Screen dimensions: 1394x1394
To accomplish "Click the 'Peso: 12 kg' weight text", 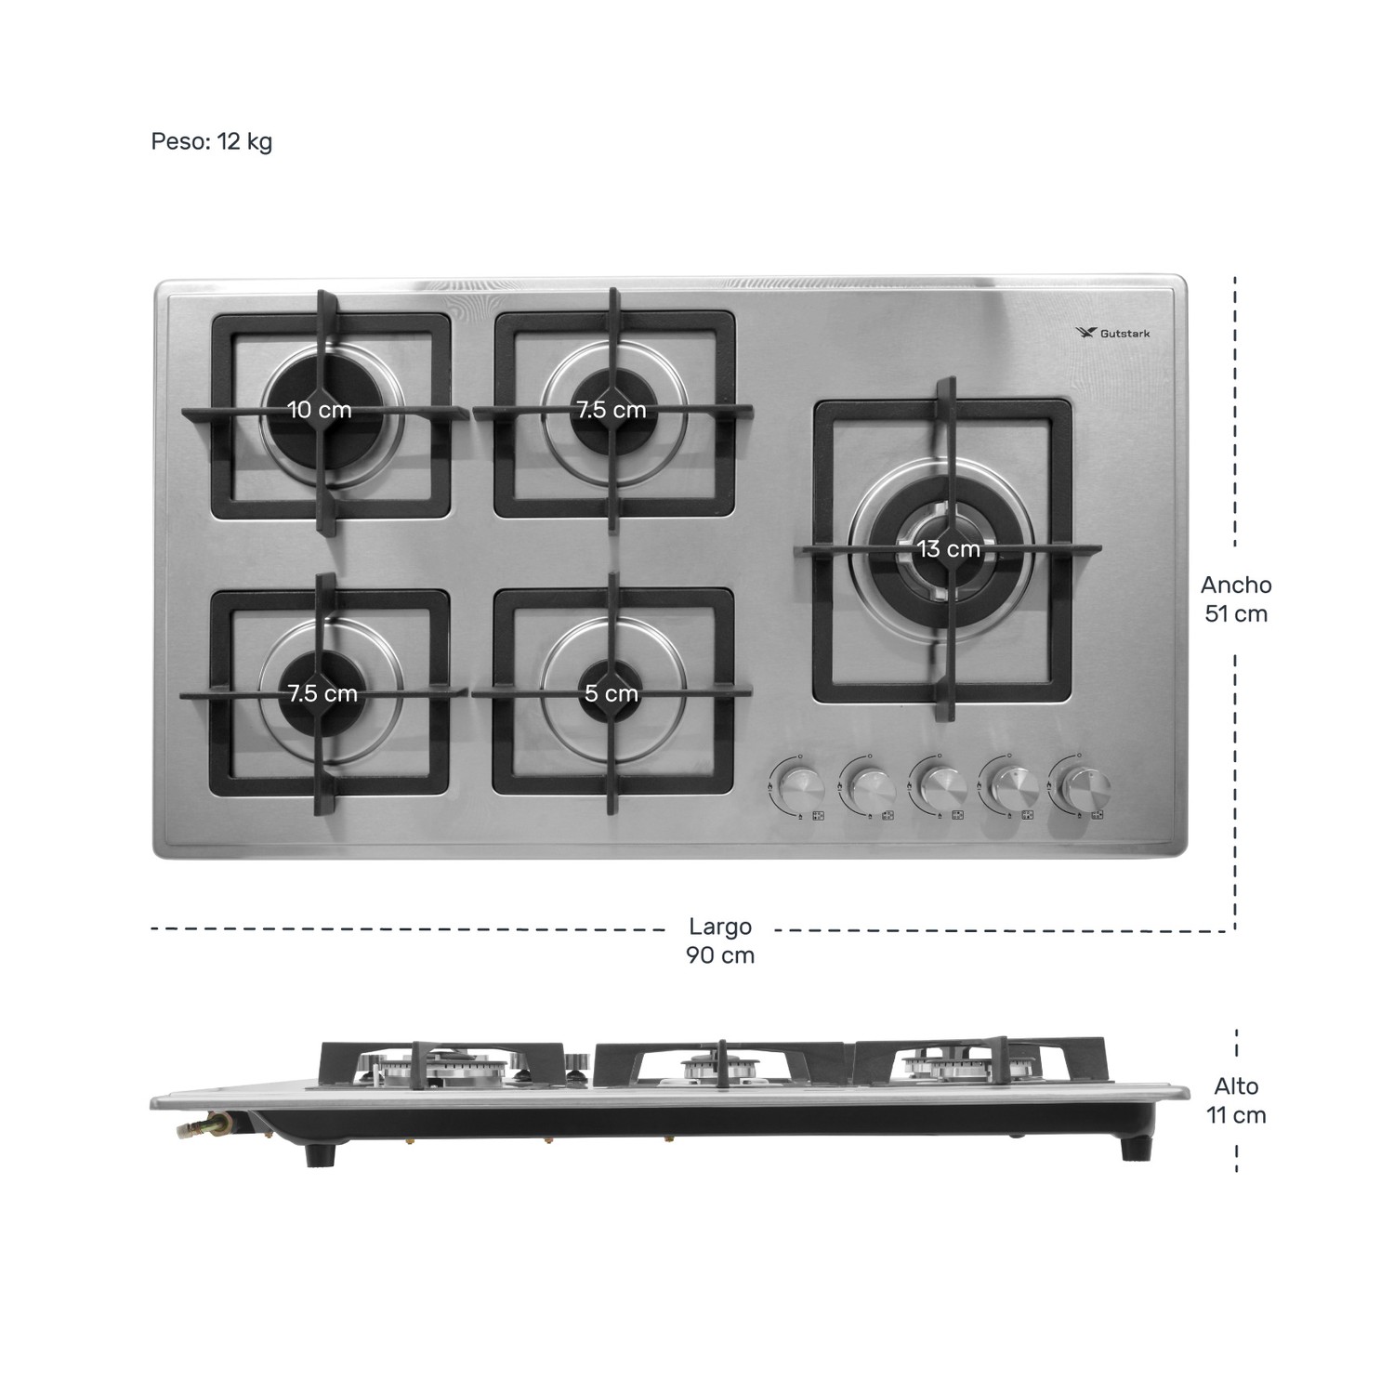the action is tap(211, 141).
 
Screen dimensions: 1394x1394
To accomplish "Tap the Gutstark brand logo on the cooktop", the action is tap(1111, 333).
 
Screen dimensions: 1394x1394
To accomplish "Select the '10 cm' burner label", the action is tap(320, 410).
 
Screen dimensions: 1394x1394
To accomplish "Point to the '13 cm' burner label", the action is tap(949, 549).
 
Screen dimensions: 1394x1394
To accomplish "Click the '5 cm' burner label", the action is tap(612, 693).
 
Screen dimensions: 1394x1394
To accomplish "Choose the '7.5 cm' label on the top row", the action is tap(612, 410).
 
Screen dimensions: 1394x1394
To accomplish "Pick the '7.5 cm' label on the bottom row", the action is tap(322, 693).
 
